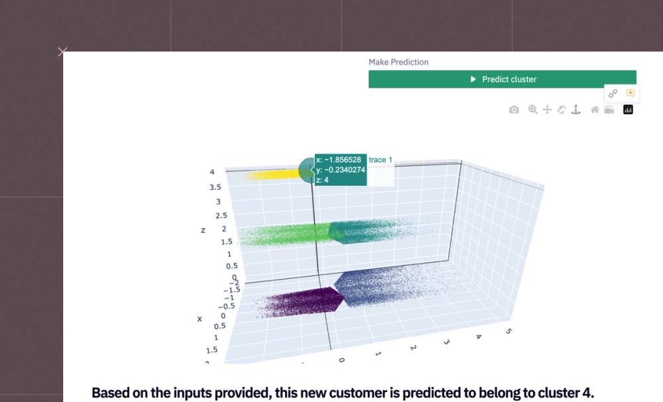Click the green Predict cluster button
tap(502, 79)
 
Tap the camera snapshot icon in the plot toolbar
tap(514, 110)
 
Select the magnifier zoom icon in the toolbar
tap(533, 110)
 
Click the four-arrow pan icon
tap(548, 110)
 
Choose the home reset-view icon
tap(595, 110)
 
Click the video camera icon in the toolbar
tap(609, 110)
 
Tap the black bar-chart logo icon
tap(628, 110)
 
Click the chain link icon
tap(613, 93)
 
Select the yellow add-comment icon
tap(631, 93)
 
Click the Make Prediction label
tap(398, 62)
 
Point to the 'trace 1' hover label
tap(381, 160)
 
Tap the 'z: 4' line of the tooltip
tap(322, 180)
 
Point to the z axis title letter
tap(203, 230)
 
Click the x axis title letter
tap(200, 319)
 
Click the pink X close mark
tap(62, 52)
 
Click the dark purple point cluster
tap(305, 303)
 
